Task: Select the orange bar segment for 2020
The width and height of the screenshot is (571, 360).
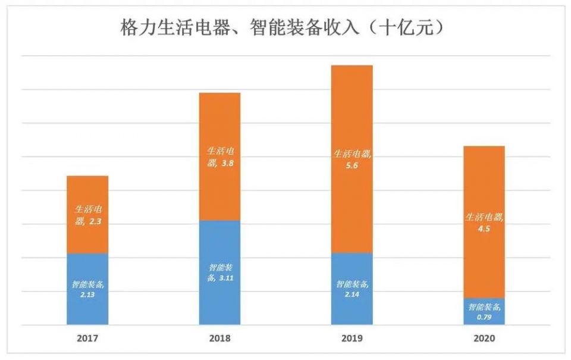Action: pyautogui.click(x=484, y=184)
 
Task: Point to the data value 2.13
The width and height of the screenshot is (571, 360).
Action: pyautogui.click(x=88, y=294)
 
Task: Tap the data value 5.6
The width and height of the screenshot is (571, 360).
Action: pyautogui.click(x=352, y=165)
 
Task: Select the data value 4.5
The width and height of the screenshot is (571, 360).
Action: pyautogui.click(x=484, y=227)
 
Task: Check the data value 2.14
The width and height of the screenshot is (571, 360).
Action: pyautogui.click(x=352, y=294)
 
